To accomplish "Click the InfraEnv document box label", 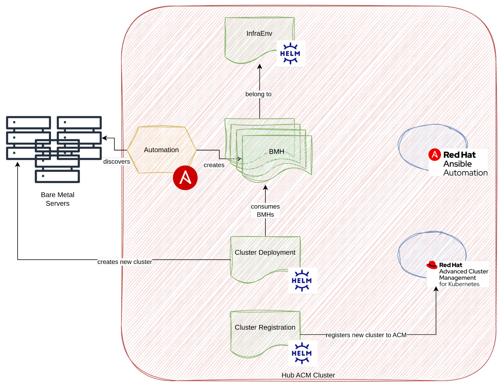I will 259,33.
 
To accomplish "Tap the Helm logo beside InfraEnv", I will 291,53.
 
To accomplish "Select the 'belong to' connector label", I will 258,94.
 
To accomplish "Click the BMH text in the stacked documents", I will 276,152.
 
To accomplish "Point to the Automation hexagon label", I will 161,150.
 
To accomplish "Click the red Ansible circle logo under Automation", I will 185,178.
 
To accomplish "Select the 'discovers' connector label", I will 117,161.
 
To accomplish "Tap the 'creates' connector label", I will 214,165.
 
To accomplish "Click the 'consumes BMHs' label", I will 265,210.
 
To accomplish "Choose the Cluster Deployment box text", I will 265,252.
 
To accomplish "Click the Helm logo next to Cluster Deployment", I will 302,281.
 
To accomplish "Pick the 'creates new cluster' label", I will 125,262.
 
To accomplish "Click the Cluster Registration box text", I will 265,327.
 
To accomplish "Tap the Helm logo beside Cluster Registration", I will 302,353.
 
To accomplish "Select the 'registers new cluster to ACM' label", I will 366,335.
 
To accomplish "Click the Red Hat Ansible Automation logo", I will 458,162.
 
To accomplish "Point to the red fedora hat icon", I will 432,265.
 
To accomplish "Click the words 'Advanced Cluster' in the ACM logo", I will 463,271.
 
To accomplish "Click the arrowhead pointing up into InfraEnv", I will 260,67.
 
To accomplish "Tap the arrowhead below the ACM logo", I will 436,289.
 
